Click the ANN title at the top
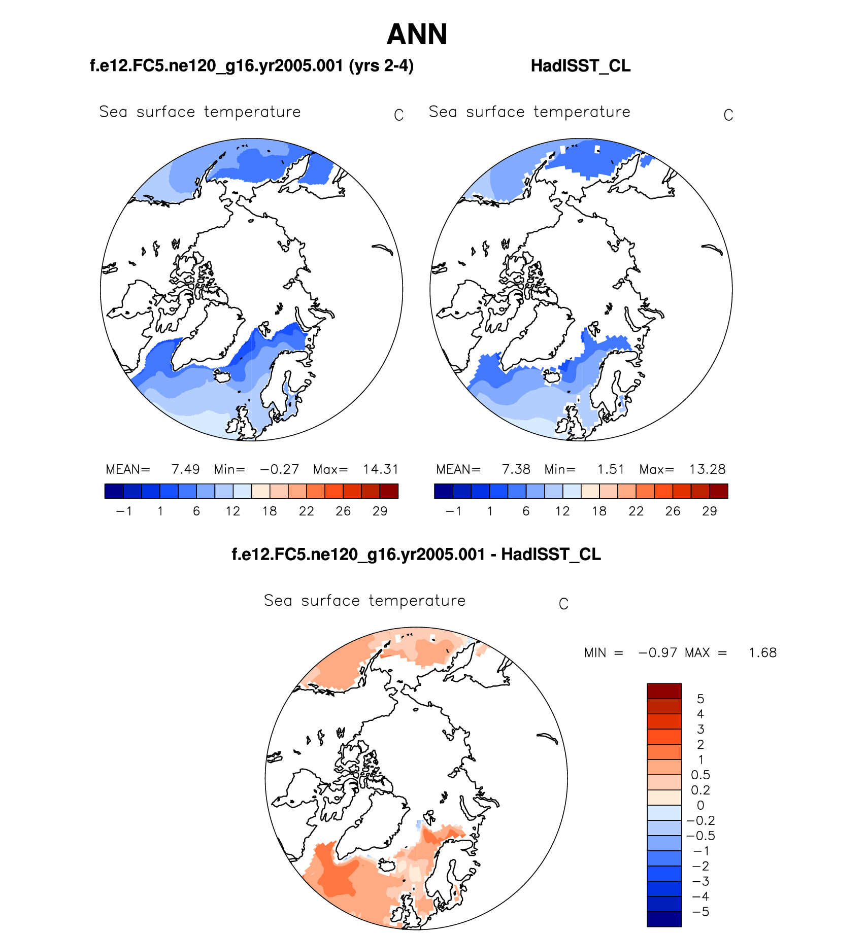point(417,34)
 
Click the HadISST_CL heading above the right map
point(580,66)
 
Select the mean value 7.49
point(185,469)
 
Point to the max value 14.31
point(381,469)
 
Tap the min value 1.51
point(610,469)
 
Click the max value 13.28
point(707,469)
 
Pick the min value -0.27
point(279,469)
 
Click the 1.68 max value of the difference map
point(762,653)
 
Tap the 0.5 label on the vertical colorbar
point(700,775)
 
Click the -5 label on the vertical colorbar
point(700,912)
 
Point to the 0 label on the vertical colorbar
point(700,806)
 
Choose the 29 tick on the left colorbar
point(380,511)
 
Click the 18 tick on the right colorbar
point(599,511)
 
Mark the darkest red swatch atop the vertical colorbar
point(664,691)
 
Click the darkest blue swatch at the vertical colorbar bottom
point(664,919)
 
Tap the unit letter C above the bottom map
point(563,604)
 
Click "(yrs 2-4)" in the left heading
point(381,66)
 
